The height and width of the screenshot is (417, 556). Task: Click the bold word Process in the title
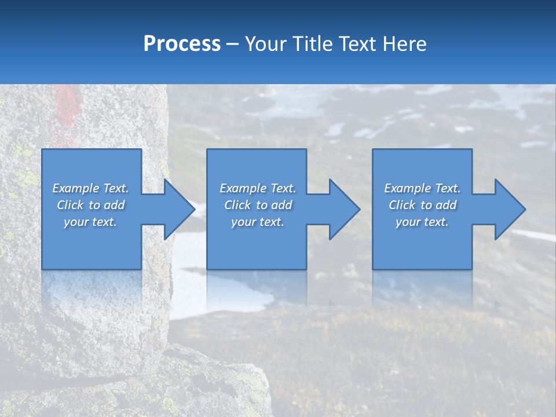[182, 44]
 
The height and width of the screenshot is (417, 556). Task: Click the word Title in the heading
[311, 44]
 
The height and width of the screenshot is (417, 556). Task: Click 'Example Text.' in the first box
[90, 188]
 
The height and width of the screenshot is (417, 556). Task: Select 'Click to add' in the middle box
[258, 205]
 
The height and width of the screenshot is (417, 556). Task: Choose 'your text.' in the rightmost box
[422, 222]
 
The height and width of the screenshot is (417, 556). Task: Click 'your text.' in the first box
[90, 222]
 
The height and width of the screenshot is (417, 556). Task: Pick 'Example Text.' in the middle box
[258, 188]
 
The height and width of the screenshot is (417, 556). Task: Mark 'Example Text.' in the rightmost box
[422, 188]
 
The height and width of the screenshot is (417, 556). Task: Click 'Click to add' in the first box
[90, 205]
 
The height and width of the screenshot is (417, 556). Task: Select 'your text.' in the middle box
[258, 222]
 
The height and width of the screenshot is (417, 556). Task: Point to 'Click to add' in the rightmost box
[422, 205]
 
